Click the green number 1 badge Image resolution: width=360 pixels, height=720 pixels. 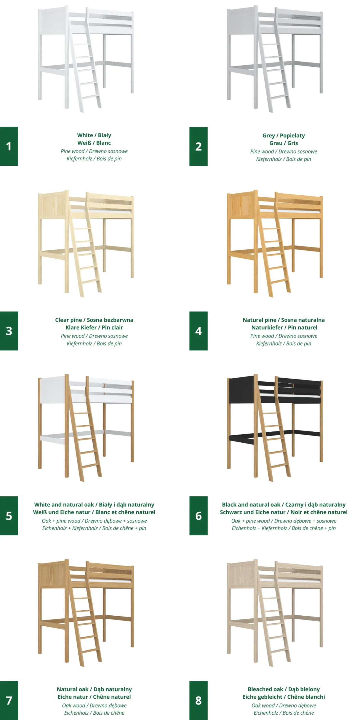(9, 146)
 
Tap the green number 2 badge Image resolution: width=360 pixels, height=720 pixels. (198, 147)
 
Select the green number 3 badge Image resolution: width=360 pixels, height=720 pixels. (9, 331)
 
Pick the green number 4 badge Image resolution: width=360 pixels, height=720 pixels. (198, 331)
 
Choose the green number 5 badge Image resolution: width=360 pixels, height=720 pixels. (9, 516)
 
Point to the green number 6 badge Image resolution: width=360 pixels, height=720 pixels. (198, 516)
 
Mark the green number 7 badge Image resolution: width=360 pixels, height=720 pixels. (9, 700)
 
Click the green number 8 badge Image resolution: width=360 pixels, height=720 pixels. (198, 700)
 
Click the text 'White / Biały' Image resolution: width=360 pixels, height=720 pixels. (94, 135)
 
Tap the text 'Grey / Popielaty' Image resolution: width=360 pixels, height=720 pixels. (283, 136)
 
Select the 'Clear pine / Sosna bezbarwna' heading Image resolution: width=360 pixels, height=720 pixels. (94, 320)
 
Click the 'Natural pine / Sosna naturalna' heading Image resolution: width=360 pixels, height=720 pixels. (283, 320)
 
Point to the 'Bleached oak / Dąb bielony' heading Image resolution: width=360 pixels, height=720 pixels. (283, 689)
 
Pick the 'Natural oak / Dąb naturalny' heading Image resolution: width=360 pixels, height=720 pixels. (94, 689)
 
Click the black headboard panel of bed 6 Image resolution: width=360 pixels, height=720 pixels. (242, 391)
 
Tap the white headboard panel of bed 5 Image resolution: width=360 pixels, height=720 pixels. (53, 391)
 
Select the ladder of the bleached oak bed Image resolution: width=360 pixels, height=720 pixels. (274, 616)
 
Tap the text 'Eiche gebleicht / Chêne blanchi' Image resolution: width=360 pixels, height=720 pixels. (283, 697)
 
